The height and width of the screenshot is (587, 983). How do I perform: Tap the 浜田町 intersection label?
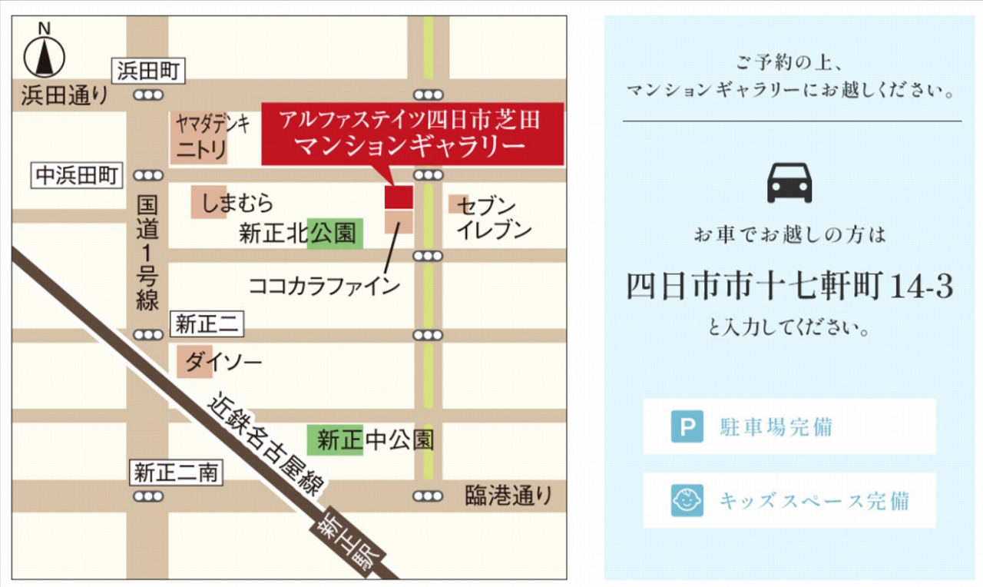(148, 71)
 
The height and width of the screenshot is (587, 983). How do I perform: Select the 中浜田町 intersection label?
(77, 176)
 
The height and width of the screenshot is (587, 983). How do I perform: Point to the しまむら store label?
(237, 204)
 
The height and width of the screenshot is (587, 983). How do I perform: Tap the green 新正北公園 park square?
(335, 234)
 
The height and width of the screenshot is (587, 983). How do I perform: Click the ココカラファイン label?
(324, 286)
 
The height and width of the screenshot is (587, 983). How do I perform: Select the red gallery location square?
(399, 196)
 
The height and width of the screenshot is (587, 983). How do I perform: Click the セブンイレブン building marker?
(458, 204)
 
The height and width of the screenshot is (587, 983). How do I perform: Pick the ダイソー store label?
(223, 362)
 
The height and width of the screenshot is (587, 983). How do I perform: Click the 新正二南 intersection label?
(176, 473)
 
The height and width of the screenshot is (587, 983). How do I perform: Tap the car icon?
(789, 183)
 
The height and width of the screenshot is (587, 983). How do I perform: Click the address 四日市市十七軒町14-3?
(790, 287)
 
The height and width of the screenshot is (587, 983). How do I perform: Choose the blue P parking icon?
(687, 426)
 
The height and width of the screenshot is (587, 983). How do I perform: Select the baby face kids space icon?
(687, 500)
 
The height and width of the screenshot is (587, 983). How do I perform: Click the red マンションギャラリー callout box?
(412, 134)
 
